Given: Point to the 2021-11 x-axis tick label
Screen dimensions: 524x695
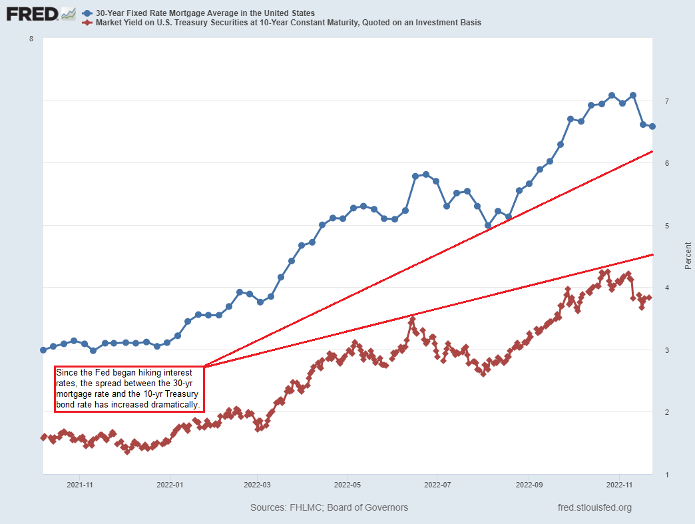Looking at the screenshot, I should [79, 485].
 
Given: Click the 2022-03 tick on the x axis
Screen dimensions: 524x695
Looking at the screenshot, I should [258, 485].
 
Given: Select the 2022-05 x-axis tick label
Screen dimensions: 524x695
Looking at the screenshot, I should [347, 485].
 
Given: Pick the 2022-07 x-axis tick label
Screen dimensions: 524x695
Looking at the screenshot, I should [437, 485].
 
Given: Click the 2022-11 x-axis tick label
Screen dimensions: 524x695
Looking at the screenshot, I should [619, 485].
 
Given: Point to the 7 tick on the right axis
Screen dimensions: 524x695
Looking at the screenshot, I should [666, 101].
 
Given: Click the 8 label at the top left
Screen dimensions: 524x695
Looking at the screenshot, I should [31, 39].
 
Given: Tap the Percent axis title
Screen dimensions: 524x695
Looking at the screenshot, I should [688, 256].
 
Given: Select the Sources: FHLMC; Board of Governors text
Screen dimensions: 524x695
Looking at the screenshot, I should [329, 507].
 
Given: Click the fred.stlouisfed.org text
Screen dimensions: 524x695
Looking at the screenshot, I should [594, 507].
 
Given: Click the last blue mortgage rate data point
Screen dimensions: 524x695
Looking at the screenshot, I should [652, 127].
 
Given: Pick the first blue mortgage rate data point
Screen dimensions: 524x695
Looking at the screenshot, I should [43, 350].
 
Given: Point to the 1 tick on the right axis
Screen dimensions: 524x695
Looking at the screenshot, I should [666, 475].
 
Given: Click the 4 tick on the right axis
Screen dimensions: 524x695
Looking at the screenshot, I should [666, 288].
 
